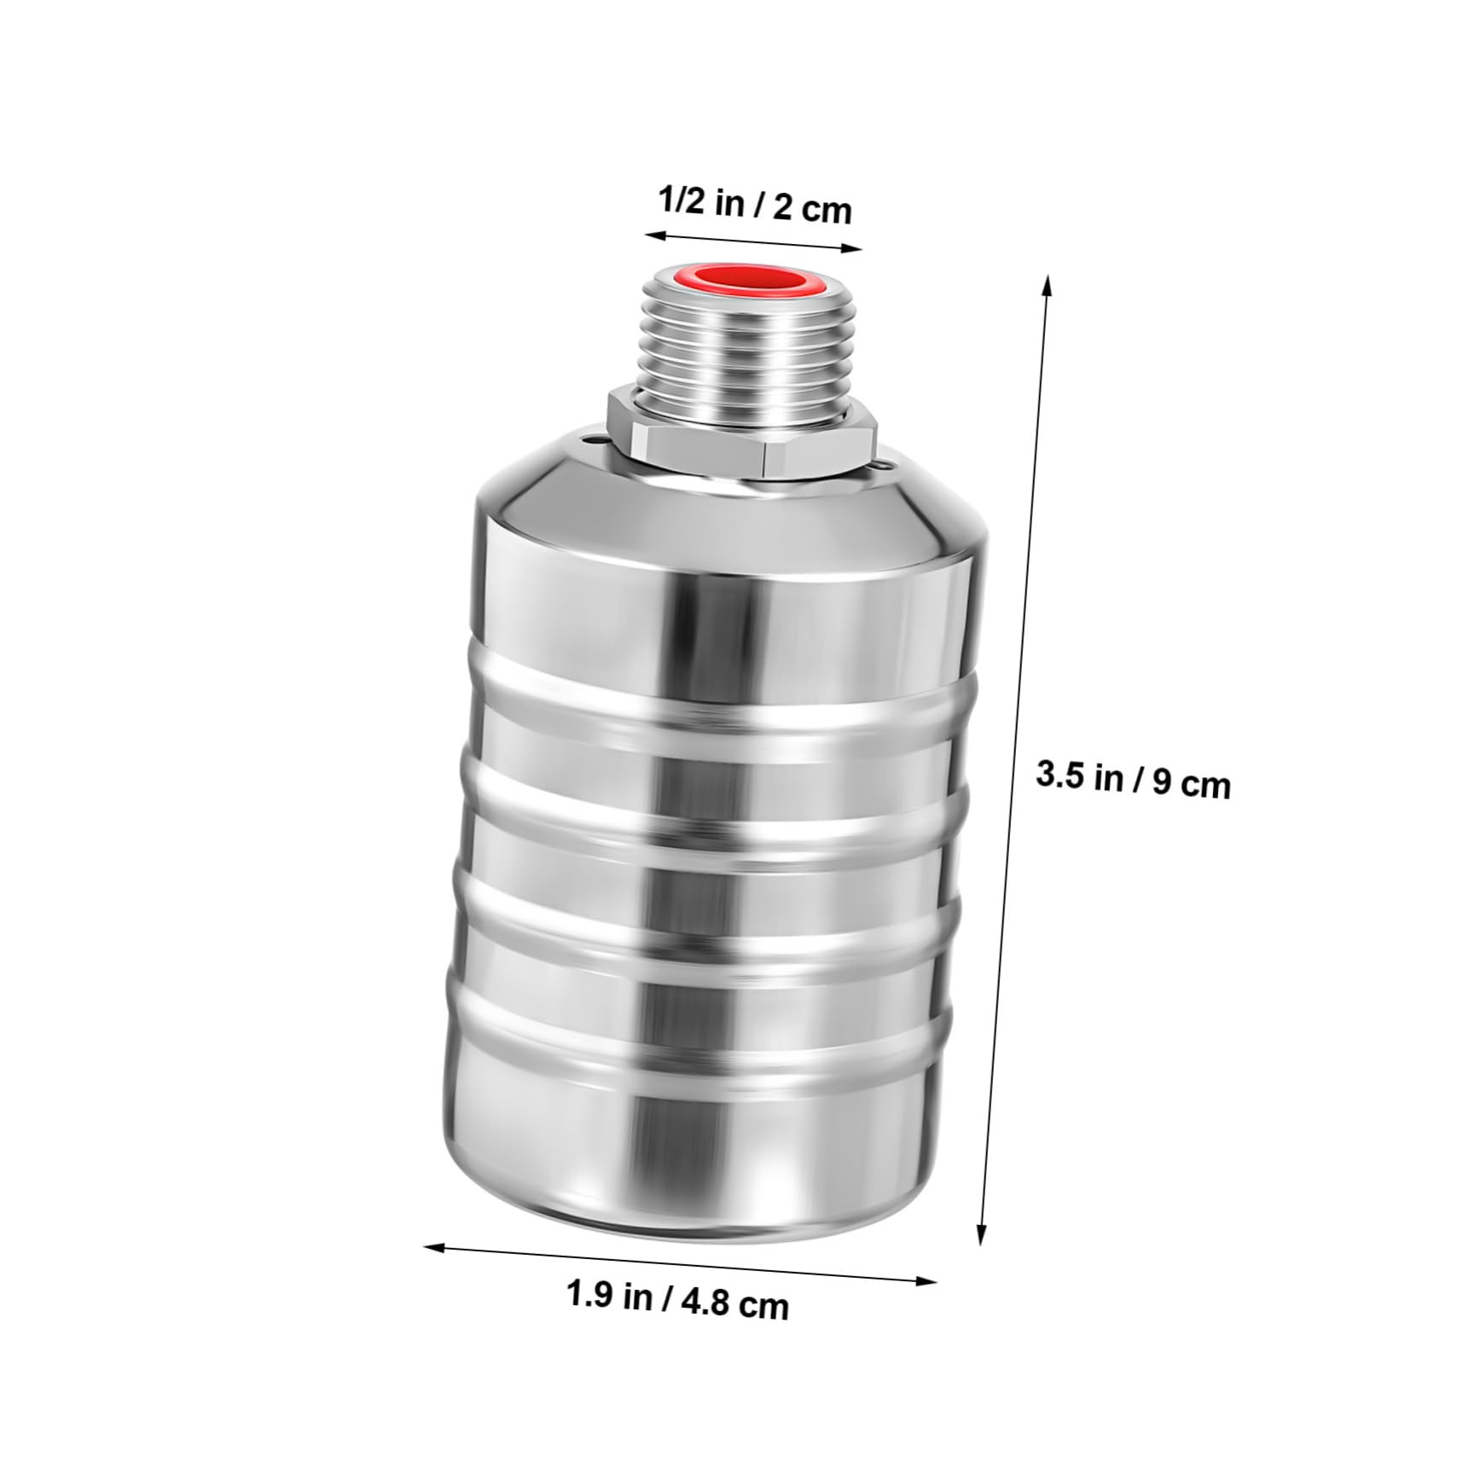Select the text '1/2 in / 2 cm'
pyautogui.click(x=754, y=206)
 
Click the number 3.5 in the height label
pyautogui.click(x=1056, y=775)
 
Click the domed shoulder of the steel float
pyautogui.click(x=725, y=512)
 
